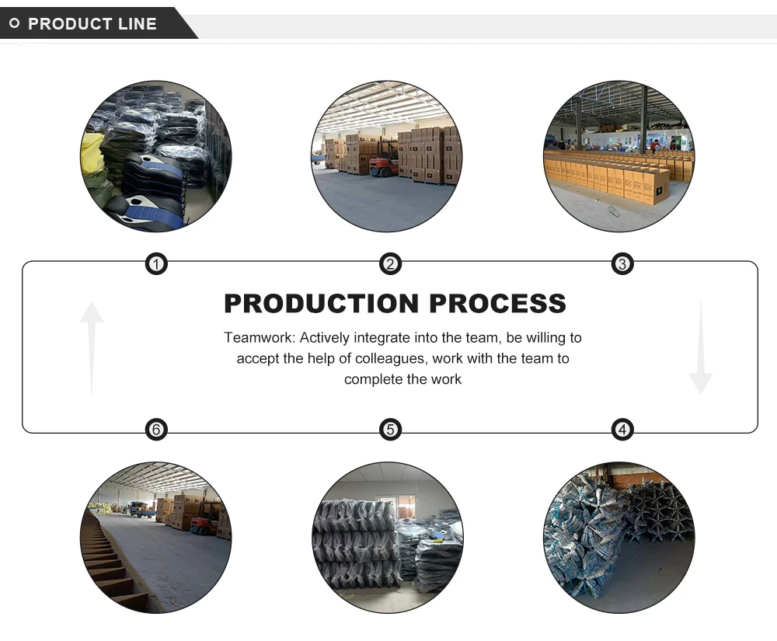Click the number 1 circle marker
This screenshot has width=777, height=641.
click(156, 265)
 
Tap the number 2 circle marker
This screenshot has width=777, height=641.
click(390, 265)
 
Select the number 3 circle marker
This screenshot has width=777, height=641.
click(622, 265)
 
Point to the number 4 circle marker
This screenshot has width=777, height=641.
click(622, 429)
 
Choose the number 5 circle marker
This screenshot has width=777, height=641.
click(390, 429)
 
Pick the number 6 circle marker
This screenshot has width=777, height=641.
click(156, 429)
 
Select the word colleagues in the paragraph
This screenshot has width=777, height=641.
click(395, 359)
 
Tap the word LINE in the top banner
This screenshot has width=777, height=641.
click(138, 24)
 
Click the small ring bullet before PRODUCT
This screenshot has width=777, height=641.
click(14, 24)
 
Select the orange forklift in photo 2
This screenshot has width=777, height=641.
click(384, 165)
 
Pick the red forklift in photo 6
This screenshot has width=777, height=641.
click(203, 525)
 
